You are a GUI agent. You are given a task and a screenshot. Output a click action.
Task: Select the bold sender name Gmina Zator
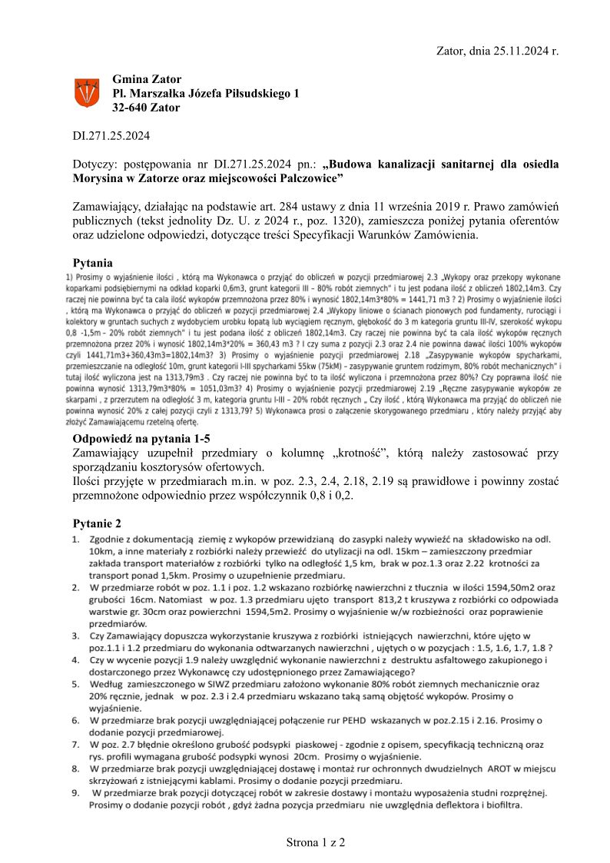tap(147, 79)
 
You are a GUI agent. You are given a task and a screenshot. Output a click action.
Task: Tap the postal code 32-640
tap(130, 108)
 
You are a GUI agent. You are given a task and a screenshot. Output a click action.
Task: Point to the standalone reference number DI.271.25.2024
tap(111, 136)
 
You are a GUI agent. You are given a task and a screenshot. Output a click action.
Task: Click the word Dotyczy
tap(93, 164)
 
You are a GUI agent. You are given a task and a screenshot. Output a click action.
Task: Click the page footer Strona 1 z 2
tap(316, 842)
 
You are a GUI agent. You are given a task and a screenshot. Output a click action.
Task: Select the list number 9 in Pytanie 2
tap(75, 792)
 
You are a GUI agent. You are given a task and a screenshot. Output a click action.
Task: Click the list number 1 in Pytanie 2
tap(75, 540)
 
